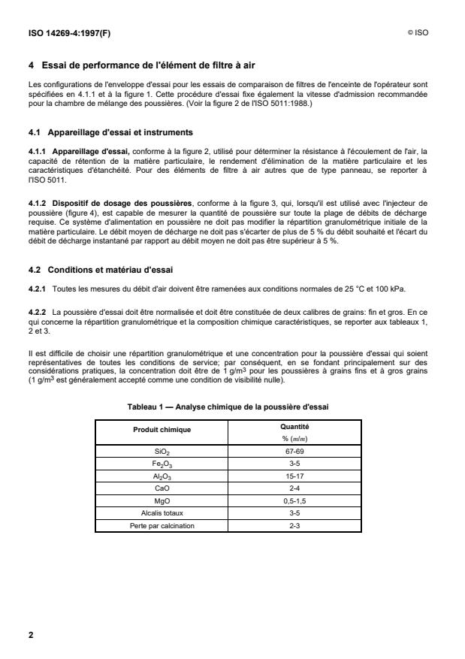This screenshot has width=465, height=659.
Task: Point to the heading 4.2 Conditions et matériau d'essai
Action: [x=107, y=268]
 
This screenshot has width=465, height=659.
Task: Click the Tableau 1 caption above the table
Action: [x=231, y=406]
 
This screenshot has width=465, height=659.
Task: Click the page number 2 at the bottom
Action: [x=31, y=635]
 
